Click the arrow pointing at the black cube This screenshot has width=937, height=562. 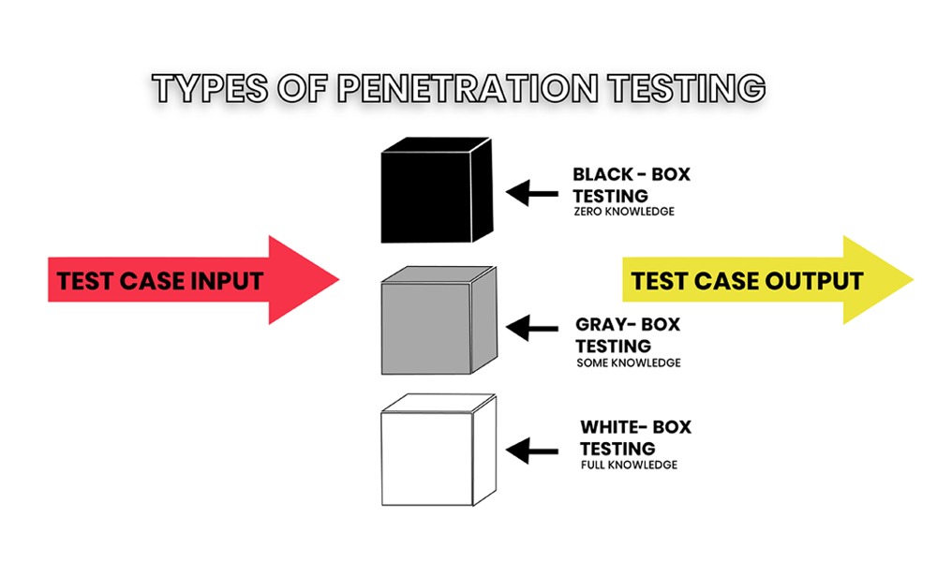(530, 193)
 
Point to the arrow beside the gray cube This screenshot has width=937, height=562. (530, 328)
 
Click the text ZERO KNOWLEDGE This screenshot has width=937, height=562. (623, 212)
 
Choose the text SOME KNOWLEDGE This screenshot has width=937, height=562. (629, 362)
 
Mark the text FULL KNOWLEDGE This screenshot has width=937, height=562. (628, 465)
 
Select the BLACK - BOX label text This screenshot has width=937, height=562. (631, 174)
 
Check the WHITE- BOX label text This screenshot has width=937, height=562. (635, 428)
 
